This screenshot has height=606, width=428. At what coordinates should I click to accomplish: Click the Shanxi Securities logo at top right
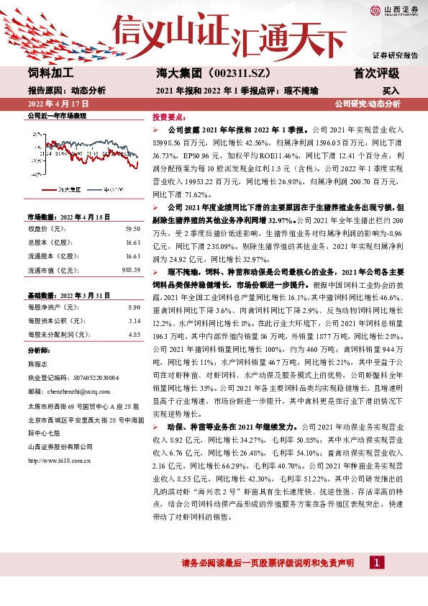pyautogui.click(x=394, y=10)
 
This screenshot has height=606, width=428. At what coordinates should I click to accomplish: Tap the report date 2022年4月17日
pyautogui.click(x=54, y=104)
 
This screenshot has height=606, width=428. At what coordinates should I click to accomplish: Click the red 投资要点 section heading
pyautogui.click(x=170, y=117)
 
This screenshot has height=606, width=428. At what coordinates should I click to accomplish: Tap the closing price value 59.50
pyautogui.click(x=132, y=228)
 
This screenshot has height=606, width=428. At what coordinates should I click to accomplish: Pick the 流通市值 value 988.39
pyautogui.click(x=130, y=270)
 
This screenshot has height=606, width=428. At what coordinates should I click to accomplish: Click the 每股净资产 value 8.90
pyautogui.click(x=133, y=307)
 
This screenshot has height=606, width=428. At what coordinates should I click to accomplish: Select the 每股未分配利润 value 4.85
pyautogui.click(x=133, y=335)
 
